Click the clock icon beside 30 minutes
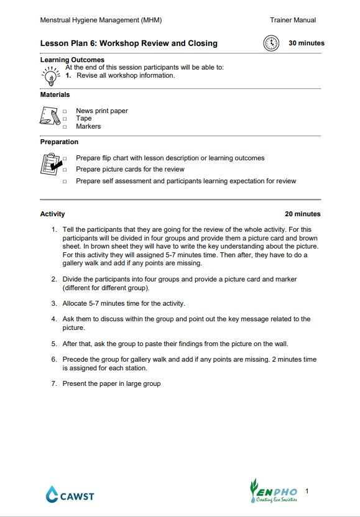270,43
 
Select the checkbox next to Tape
65,119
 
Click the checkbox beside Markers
65,127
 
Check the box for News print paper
65,111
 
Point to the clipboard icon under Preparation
50,165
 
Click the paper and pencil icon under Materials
50,116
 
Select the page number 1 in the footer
307,491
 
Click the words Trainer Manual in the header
293,20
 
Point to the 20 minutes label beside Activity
303,214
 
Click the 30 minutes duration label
306,43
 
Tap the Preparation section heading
59,142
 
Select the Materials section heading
55,95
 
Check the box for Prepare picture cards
65,170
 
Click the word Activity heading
52,214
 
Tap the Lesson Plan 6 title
129,43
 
